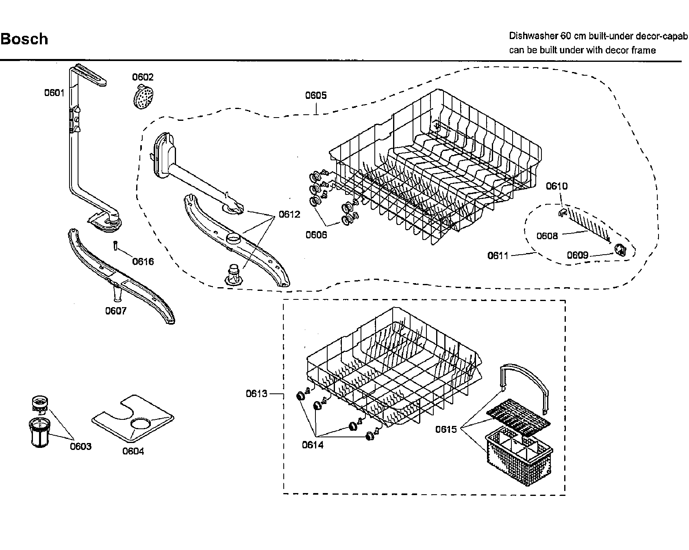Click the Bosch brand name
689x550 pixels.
[24, 39]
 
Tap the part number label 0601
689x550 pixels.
[54, 93]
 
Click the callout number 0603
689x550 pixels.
[80, 446]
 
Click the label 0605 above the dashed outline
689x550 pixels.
[316, 96]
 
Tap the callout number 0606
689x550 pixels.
[316, 235]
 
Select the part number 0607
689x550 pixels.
[116, 311]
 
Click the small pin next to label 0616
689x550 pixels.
[115, 246]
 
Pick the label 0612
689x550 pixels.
[289, 214]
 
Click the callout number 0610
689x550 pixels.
[556, 186]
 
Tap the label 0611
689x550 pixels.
[498, 255]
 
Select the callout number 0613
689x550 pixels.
[256, 393]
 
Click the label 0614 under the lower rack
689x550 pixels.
[313, 445]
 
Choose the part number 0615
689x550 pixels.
[446, 429]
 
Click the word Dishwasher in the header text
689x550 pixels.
[533, 36]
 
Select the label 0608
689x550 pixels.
[547, 236]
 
